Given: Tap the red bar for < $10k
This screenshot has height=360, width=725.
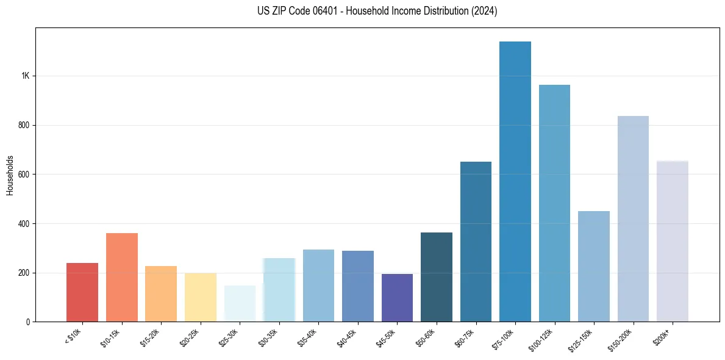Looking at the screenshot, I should click(x=82, y=292).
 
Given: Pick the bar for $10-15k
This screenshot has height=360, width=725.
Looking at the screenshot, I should click(x=122, y=278).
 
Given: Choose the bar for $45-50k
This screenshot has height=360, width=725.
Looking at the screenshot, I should click(x=397, y=298).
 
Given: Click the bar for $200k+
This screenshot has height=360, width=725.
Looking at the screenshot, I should click(x=673, y=241).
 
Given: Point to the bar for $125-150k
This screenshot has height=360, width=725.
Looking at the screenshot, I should click(x=594, y=266).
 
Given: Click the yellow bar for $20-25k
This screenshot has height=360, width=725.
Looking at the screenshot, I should click(x=201, y=297).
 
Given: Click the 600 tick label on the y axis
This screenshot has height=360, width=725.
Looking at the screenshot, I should click(x=23, y=175).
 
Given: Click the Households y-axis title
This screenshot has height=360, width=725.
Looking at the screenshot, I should click(x=10, y=175).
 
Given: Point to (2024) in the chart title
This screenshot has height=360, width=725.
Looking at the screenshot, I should click(x=483, y=11).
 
